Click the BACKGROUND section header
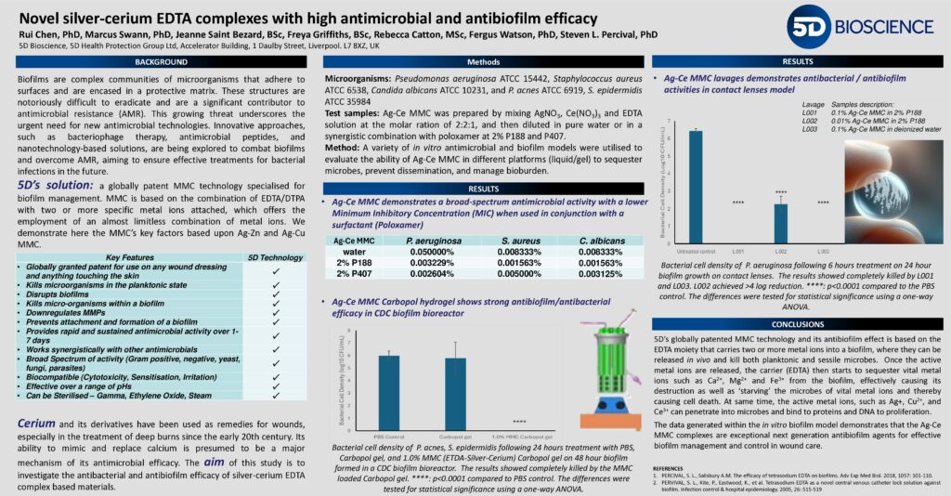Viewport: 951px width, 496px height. [160, 61]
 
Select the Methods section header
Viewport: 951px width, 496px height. [483, 61]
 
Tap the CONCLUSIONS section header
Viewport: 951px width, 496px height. [797, 324]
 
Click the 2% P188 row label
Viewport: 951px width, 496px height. [355, 263]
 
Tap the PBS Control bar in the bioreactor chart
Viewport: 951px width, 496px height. [387, 389]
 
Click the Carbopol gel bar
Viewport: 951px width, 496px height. [455, 390]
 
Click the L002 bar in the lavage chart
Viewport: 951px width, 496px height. [781, 224]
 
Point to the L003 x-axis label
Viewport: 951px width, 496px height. [822, 252]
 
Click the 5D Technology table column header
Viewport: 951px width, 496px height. [275, 256]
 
